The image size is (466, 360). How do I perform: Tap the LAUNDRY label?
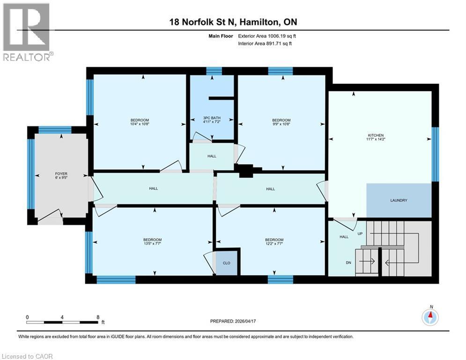(399, 200)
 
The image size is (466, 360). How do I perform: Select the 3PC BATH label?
(212, 118)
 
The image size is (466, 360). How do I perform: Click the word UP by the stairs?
(360, 233)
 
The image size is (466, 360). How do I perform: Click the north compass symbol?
(430, 317)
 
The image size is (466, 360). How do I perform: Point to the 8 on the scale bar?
(97, 317)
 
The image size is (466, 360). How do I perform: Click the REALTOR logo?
(28, 32)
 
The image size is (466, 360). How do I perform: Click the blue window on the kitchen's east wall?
(435, 154)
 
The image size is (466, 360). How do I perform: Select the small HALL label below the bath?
(212, 156)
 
